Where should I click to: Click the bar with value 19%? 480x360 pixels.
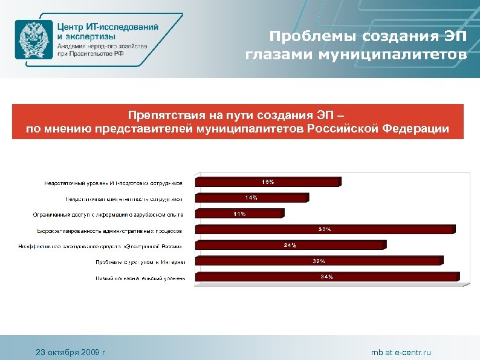pos(267,182)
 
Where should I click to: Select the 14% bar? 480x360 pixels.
pos(251,197)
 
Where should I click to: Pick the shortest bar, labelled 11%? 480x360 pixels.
pos(238,213)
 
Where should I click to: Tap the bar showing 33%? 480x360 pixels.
pos(325,229)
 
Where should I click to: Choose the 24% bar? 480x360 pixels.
pos(290,245)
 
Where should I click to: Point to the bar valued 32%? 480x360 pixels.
pos(319,261)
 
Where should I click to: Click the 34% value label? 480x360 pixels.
pos(326,277)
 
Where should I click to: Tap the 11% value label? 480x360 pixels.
pos(239,213)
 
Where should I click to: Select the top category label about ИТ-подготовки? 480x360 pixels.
pos(112,182)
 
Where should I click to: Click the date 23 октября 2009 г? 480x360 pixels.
pos(71,352)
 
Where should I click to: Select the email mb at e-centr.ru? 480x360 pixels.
pos(401,352)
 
